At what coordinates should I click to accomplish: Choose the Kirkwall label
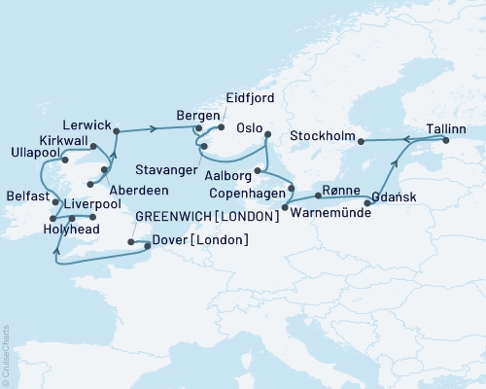tap(65, 141)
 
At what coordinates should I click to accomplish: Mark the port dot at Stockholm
tap(361, 142)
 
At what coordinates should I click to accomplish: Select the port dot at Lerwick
tap(115, 128)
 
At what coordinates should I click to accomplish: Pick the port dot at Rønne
tap(318, 195)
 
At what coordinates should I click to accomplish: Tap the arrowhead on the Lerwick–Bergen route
tap(154, 128)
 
